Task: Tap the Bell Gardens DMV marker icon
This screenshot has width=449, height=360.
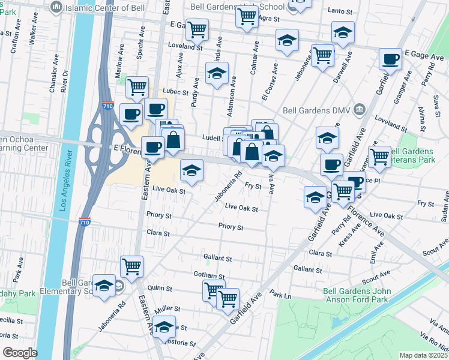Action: pos(360,109)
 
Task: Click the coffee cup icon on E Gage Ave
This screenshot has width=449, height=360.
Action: pos(391,59)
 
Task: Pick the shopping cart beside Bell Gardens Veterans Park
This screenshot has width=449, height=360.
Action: pos(379,157)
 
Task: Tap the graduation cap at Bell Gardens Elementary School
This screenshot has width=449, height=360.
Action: pos(104,286)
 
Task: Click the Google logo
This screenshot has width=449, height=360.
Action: pos(20,353)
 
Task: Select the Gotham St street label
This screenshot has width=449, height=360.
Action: pos(208,276)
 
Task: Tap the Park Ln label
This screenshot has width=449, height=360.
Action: pos(280,295)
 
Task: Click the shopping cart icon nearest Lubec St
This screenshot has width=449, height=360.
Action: pos(137,87)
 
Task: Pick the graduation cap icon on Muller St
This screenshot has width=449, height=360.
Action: pos(163,326)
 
